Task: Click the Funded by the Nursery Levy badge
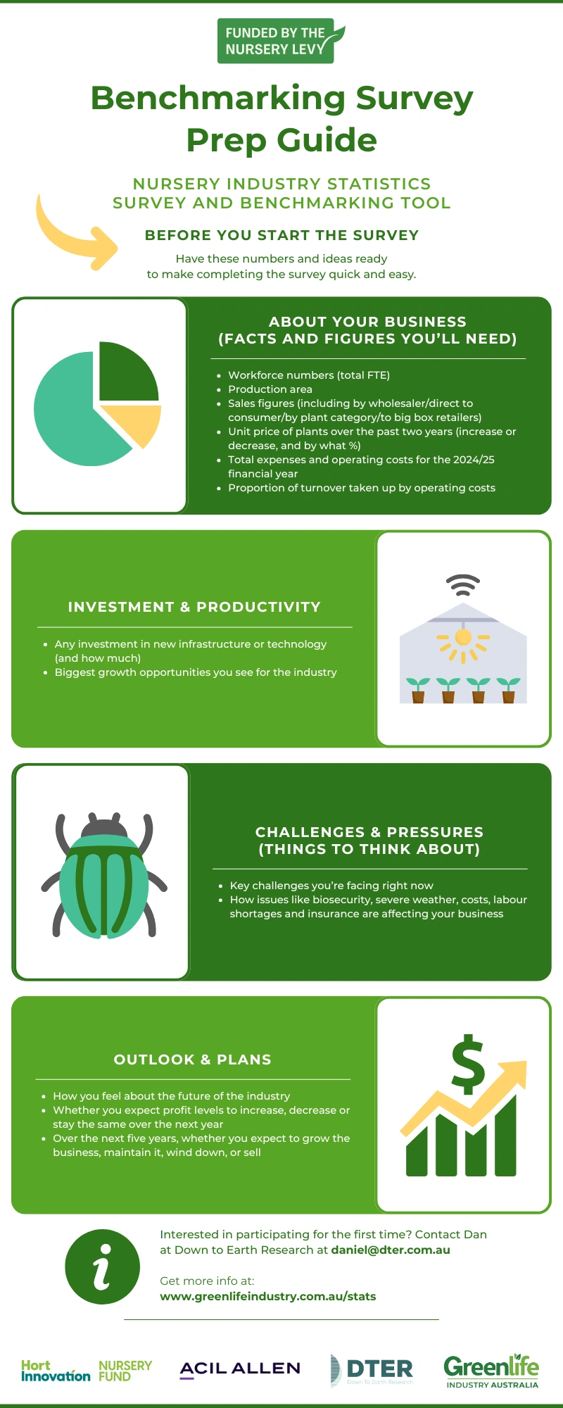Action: pos(281,41)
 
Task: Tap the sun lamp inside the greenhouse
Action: pos(463,639)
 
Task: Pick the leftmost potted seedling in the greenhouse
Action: pos(418,690)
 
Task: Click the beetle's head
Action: pos(104,826)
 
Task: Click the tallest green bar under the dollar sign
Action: pos(506,1134)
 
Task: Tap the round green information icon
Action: pos(102,1267)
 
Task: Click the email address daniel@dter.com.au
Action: pos(391,1250)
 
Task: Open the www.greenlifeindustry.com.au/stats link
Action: pos(268,1297)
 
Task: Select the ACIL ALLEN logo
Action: pos(240,1369)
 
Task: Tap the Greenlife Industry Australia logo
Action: pos(491,1370)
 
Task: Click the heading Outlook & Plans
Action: pos(193,1060)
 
